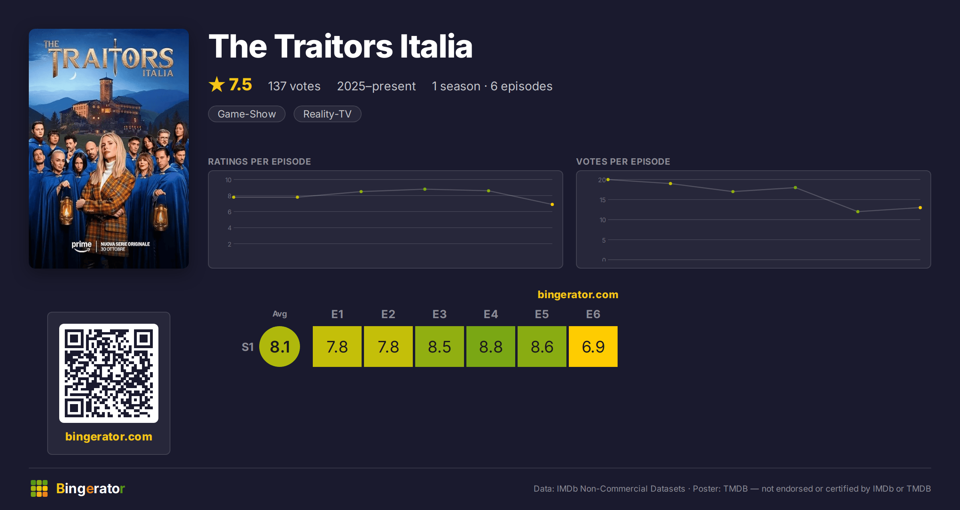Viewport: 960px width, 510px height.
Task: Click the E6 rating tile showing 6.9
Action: pos(593,347)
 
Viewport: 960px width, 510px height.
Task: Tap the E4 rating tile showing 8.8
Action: pos(491,347)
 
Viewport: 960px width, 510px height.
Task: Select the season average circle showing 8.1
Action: pos(280,347)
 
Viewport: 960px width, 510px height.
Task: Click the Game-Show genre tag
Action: pos(247,114)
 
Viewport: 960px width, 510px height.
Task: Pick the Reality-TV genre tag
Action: pos(327,114)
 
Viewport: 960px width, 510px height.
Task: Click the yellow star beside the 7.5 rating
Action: pos(217,84)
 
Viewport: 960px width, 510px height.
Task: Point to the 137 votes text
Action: pos(294,86)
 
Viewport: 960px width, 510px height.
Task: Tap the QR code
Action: pos(109,373)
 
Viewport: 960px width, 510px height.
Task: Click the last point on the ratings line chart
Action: pos(552,204)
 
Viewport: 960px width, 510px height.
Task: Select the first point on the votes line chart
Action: pos(608,179)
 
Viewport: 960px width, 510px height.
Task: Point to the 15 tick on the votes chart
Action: pos(602,200)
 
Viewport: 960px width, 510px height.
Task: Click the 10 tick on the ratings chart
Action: pos(228,180)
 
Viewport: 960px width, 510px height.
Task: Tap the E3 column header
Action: pos(440,314)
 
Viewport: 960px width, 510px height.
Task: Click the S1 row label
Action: pos(248,347)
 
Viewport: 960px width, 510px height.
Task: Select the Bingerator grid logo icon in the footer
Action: pos(39,488)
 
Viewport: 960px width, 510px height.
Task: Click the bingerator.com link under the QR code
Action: pos(109,436)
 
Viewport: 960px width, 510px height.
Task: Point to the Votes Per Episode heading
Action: pos(623,161)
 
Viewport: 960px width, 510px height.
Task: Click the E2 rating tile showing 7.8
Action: pos(388,347)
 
